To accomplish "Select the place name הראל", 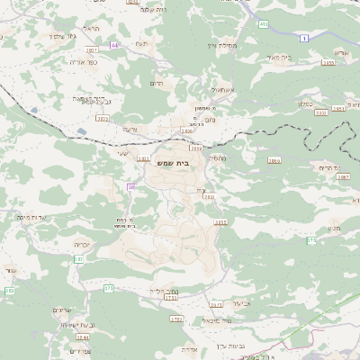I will tap(88, 29).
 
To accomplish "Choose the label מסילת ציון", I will tap(219, 46).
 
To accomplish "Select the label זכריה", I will tap(58, 243).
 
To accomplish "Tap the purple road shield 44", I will tap(114, 44).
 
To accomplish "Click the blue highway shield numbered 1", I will tap(305, 37).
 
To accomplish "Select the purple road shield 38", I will tap(131, 186).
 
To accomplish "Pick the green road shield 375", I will tap(311, 240).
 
